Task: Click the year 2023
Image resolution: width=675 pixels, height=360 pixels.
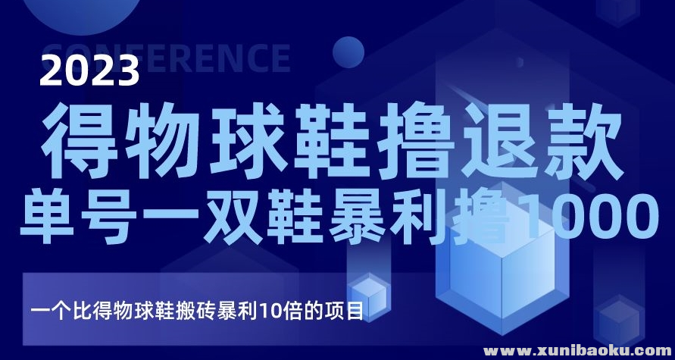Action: [92, 73]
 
